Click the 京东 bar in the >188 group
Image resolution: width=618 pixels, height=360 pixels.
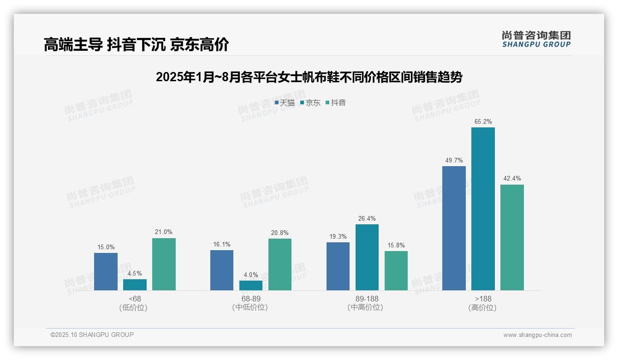pyautogui.click(x=483, y=209)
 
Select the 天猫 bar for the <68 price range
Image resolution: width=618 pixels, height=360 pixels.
pyautogui.click(x=106, y=271)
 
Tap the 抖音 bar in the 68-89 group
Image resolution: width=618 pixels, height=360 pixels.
pyautogui.click(x=280, y=264)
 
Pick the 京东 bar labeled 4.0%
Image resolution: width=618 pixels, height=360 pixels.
pyautogui.click(x=251, y=285)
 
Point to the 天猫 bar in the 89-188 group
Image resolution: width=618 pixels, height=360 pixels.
pyautogui.click(x=338, y=266)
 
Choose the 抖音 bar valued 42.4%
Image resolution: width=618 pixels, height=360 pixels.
pyautogui.click(x=512, y=237)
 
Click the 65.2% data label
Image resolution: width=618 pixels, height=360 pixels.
pyautogui.click(x=483, y=122)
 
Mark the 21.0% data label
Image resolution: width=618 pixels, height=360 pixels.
pyautogui.click(x=164, y=232)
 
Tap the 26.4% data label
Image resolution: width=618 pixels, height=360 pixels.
pyautogui.click(x=367, y=219)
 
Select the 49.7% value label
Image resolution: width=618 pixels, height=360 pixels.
pyautogui.click(x=454, y=161)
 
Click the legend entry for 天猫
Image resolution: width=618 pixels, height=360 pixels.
pyautogui.click(x=285, y=103)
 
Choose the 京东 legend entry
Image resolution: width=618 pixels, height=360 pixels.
pyautogui.click(x=310, y=103)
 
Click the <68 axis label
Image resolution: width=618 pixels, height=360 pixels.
pyautogui.click(x=135, y=299)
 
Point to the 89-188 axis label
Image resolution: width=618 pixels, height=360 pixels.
pyautogui.click(x=367, y=299)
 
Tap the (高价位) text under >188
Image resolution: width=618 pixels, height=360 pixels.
pyautogui.click(x=482, y=307)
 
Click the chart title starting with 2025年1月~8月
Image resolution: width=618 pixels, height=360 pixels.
pyautogui.click(x=309, y=77)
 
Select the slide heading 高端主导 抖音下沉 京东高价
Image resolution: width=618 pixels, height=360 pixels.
pyautogui.click(x=136, y=45)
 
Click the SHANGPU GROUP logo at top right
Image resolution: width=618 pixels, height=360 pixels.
pyautogui.click(x=536, y=39)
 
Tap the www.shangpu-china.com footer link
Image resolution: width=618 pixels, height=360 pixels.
pyautogui.click(x=537, y=335)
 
